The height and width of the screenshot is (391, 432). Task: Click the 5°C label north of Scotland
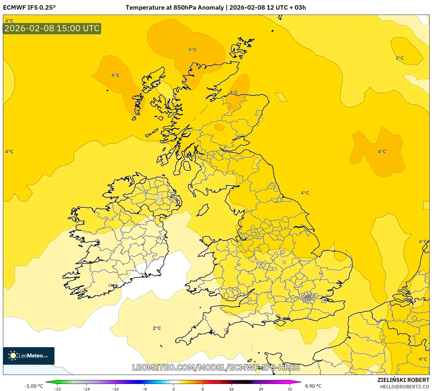(x=192, y=49)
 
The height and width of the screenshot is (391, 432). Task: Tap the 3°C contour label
(x=399, y=58)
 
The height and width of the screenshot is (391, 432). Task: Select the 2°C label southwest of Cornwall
(x=157, y=328)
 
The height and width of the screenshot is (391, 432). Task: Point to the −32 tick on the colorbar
(x=57, y=389)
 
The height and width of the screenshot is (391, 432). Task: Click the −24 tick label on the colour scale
(x=86, y=389)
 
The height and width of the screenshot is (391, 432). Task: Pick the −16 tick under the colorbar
(x=115, y=389)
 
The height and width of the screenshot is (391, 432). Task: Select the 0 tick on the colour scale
(x=174, y=389)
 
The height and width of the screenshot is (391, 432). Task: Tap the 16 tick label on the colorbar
(x=232, y=389)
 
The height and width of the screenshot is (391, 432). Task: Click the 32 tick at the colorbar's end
(x=290, y=389)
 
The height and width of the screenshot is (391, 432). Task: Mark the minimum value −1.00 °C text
(x=34, y=386)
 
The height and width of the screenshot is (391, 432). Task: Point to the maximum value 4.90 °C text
(x=313, y=386)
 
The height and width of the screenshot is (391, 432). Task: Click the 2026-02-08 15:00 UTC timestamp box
(x=52, y=29)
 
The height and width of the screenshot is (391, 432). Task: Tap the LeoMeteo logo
(x=29, y=356)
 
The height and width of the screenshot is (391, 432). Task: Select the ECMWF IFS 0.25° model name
(x=29, y=8)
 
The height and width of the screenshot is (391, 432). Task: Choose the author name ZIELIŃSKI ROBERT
(x=403, y=380)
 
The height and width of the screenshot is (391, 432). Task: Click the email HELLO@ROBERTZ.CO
(x=404, y=387)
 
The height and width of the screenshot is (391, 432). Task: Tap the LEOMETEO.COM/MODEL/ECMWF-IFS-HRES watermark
(x=216, y=367)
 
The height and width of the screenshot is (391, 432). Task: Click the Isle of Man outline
(x=203, y=210)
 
